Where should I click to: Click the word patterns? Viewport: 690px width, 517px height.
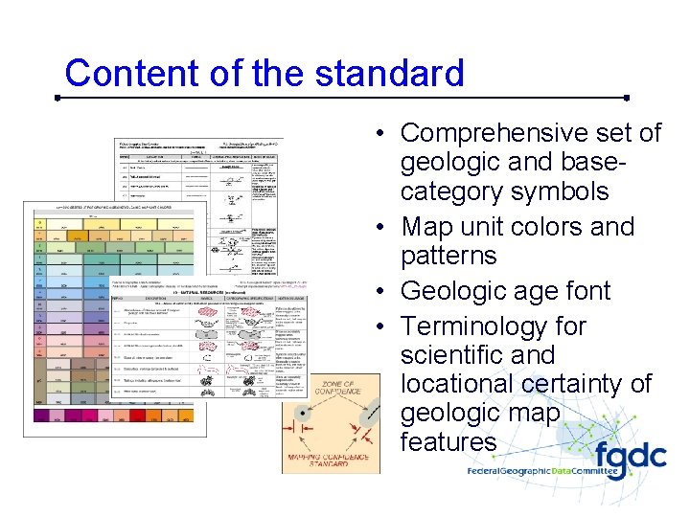(448, 257)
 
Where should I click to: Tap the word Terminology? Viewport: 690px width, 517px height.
(493, 326)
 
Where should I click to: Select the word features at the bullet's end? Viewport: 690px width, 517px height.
(448, 441)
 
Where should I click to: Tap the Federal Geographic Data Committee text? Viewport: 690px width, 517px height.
(565, 470)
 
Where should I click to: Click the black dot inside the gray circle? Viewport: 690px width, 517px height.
(302, 414)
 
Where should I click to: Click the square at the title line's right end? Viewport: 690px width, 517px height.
(626, 97)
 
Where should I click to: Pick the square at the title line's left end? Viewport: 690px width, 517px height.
(57, 97)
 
